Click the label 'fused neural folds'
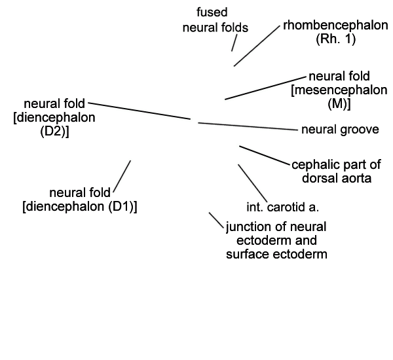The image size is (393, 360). tap(215, 20)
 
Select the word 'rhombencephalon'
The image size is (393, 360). tap(335, 26)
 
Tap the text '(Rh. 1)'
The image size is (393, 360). tap(335, 39)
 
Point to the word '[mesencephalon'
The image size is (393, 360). tap(339, 90)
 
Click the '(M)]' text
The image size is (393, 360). tap(339, 103)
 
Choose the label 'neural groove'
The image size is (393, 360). tap(340, 130)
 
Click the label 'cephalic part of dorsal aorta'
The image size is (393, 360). tap(337, 171)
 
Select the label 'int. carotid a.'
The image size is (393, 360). tap(283, 207)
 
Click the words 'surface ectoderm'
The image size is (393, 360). tap(276, 254)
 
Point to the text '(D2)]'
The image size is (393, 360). tap(54, 131)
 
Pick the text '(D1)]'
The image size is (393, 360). tap(123, 207)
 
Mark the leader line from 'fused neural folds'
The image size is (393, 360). tap(234, 43)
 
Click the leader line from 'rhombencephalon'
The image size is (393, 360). tap(257, 46)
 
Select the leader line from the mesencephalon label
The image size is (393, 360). tap(265, 88)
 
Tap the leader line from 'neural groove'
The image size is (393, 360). tap(248, 126)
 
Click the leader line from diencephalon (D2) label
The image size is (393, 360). tap(140, 111)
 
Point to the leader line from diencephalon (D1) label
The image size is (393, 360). tap(122, 176)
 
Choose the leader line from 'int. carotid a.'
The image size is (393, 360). tap(253, 183)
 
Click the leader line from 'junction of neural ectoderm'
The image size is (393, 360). tap(216, 220)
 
